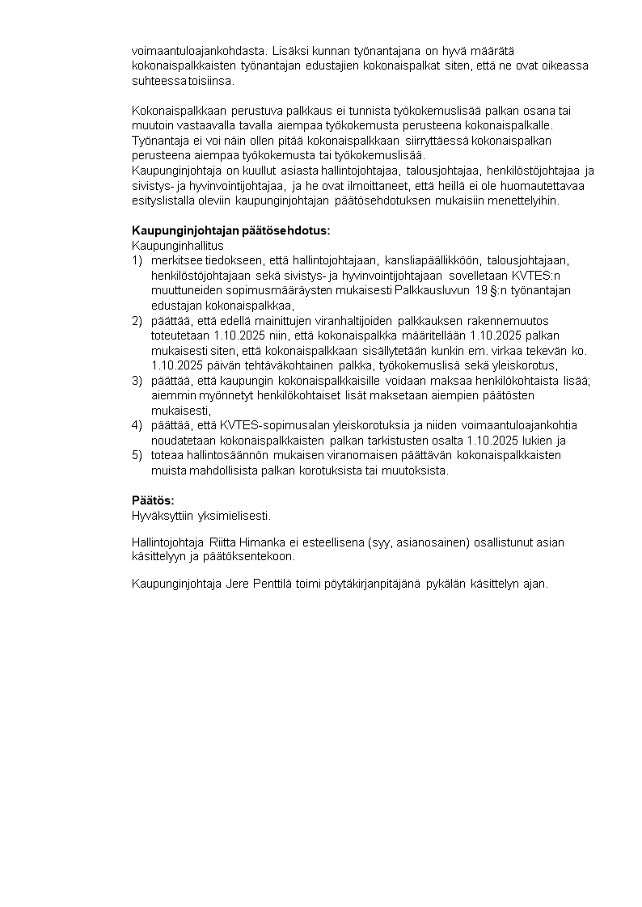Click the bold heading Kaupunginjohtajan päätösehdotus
coord(230,230)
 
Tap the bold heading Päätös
coord(153,500)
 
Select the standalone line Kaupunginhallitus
coord(177,245)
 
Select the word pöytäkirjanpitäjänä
coord(377,584)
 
